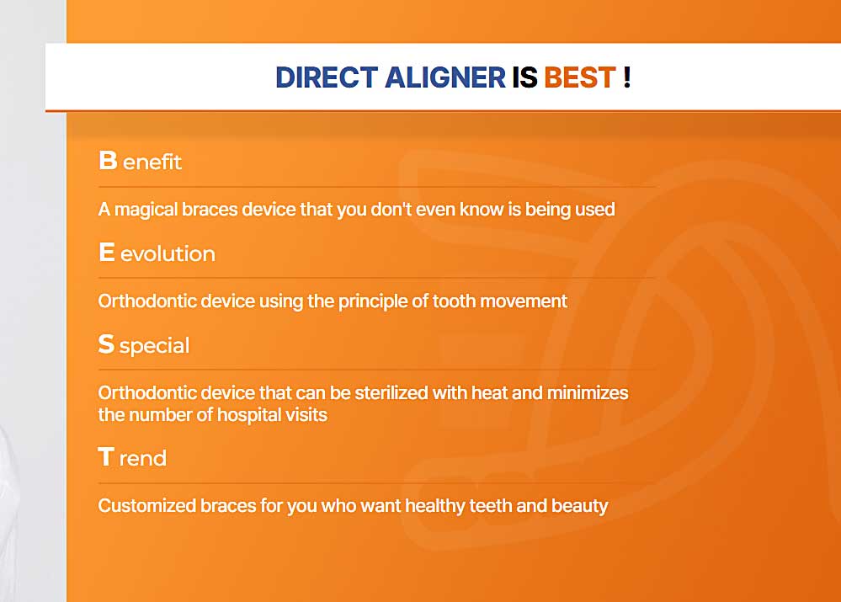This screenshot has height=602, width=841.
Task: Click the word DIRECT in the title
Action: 327,77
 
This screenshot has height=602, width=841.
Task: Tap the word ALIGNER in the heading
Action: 445,77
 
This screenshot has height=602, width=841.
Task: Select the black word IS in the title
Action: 524,77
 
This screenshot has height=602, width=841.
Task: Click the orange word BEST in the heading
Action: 580,77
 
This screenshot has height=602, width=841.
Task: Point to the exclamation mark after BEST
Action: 627,77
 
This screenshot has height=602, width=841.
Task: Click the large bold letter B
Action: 108,160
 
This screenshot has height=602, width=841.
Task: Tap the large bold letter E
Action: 107,252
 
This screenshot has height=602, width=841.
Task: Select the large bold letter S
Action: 106,344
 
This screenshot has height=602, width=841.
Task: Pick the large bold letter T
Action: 106,456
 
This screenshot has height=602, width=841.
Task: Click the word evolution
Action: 168,253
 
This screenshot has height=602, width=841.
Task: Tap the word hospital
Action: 249,415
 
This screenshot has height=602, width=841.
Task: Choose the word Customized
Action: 147,505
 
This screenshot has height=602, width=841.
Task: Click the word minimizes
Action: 588,392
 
